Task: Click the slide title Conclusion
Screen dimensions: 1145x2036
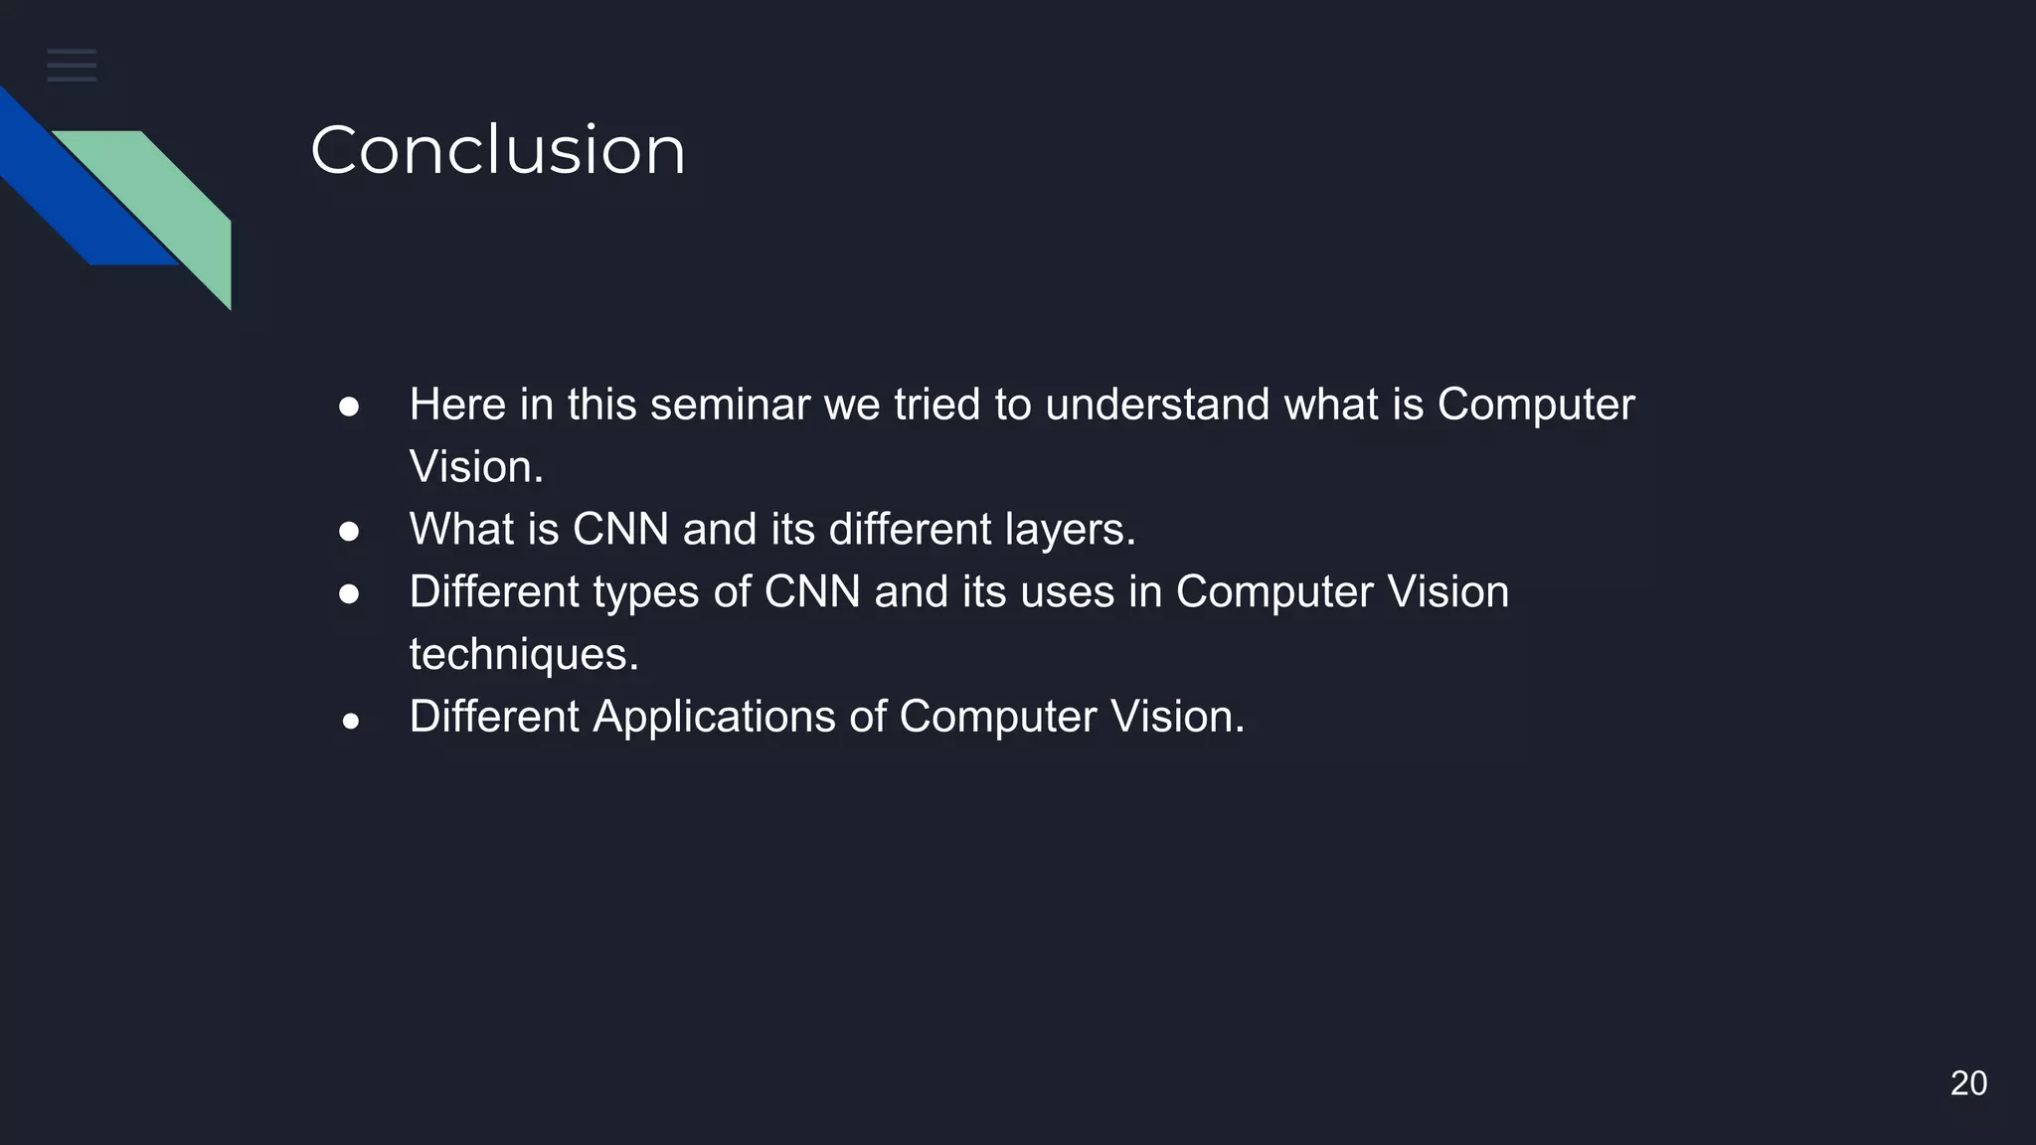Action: point(497,151)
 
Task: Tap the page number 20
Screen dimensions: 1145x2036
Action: point(1967,1083)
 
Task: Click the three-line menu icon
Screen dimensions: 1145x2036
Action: point(72,65)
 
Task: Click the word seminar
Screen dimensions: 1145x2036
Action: point(730,405)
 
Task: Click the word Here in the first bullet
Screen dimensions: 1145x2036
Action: point(457,405)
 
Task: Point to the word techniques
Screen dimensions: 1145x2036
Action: point(524,655)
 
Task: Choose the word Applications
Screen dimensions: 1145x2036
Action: point(714,718)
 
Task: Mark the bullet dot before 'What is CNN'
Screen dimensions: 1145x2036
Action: point(349,532)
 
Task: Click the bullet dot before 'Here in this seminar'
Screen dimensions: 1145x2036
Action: point(349,407)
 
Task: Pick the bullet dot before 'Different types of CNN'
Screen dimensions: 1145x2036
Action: point(349,594)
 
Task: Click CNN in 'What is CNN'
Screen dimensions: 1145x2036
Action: point(620,530)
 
